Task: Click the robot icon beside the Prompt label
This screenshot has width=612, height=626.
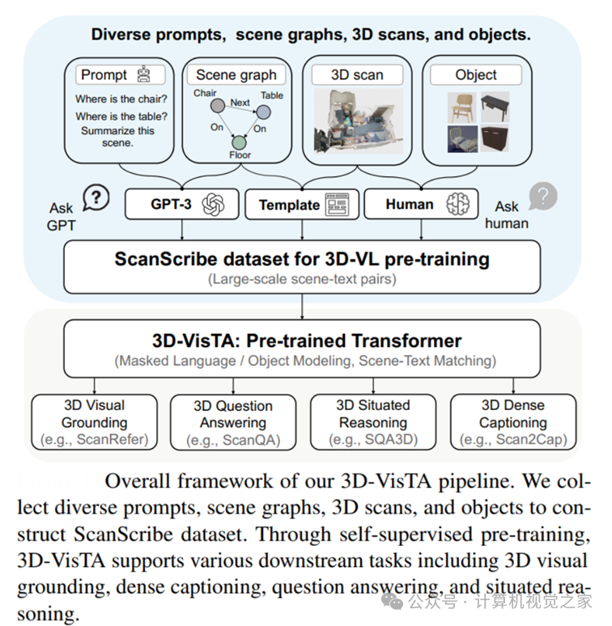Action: (144, 75)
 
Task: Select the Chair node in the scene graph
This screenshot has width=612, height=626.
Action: (216, 106)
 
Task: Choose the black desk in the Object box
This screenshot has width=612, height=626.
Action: (495, 104)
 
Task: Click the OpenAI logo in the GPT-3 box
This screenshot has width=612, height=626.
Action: (213, 204)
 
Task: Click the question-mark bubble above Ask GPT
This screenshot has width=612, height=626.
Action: (96, 197)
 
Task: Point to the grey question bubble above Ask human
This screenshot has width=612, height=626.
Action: (542, 196)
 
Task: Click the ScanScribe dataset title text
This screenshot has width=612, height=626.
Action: (302, 260)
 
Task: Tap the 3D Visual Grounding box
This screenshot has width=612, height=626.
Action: (95, 422)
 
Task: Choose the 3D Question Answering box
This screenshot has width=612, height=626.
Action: (233, 423)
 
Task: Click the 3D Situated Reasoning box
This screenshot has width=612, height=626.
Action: (373, 422)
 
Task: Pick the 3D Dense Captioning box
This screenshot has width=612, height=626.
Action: (512, 422)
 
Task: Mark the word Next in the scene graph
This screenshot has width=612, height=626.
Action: (240, 103)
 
